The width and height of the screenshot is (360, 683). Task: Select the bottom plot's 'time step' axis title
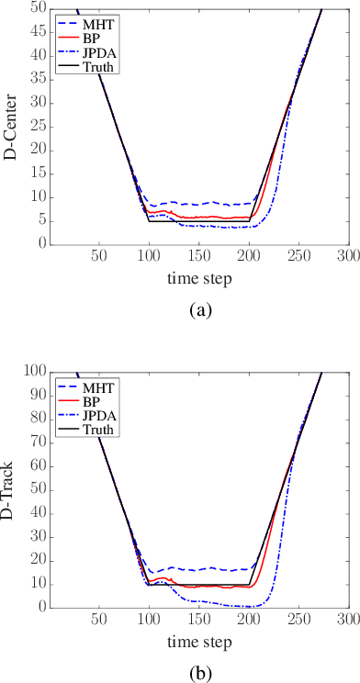(198, 641)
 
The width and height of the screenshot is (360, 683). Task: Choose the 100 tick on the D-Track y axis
(34, 371)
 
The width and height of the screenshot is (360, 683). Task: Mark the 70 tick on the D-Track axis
(38, 442)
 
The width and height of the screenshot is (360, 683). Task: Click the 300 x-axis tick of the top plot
(347, 257)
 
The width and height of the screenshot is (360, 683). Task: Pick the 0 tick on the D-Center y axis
(42, 244)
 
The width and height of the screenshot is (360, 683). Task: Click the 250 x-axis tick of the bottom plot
(298, 620)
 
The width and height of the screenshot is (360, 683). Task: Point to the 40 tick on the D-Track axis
(38, 512)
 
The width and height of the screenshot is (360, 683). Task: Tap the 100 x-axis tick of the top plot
(149, 257)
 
